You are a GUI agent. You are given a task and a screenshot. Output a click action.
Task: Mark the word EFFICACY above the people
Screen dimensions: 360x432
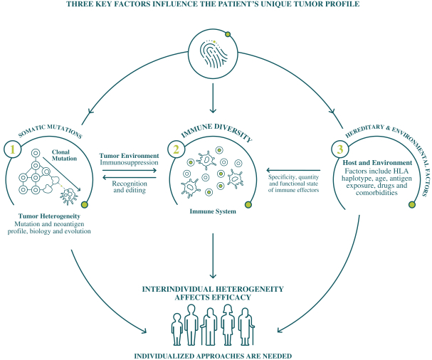pos(232,297)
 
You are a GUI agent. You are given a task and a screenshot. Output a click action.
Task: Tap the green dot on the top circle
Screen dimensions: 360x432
pos(227,34)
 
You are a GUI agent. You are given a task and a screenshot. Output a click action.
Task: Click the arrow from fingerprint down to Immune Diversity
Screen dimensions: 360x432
pos(213,96)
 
